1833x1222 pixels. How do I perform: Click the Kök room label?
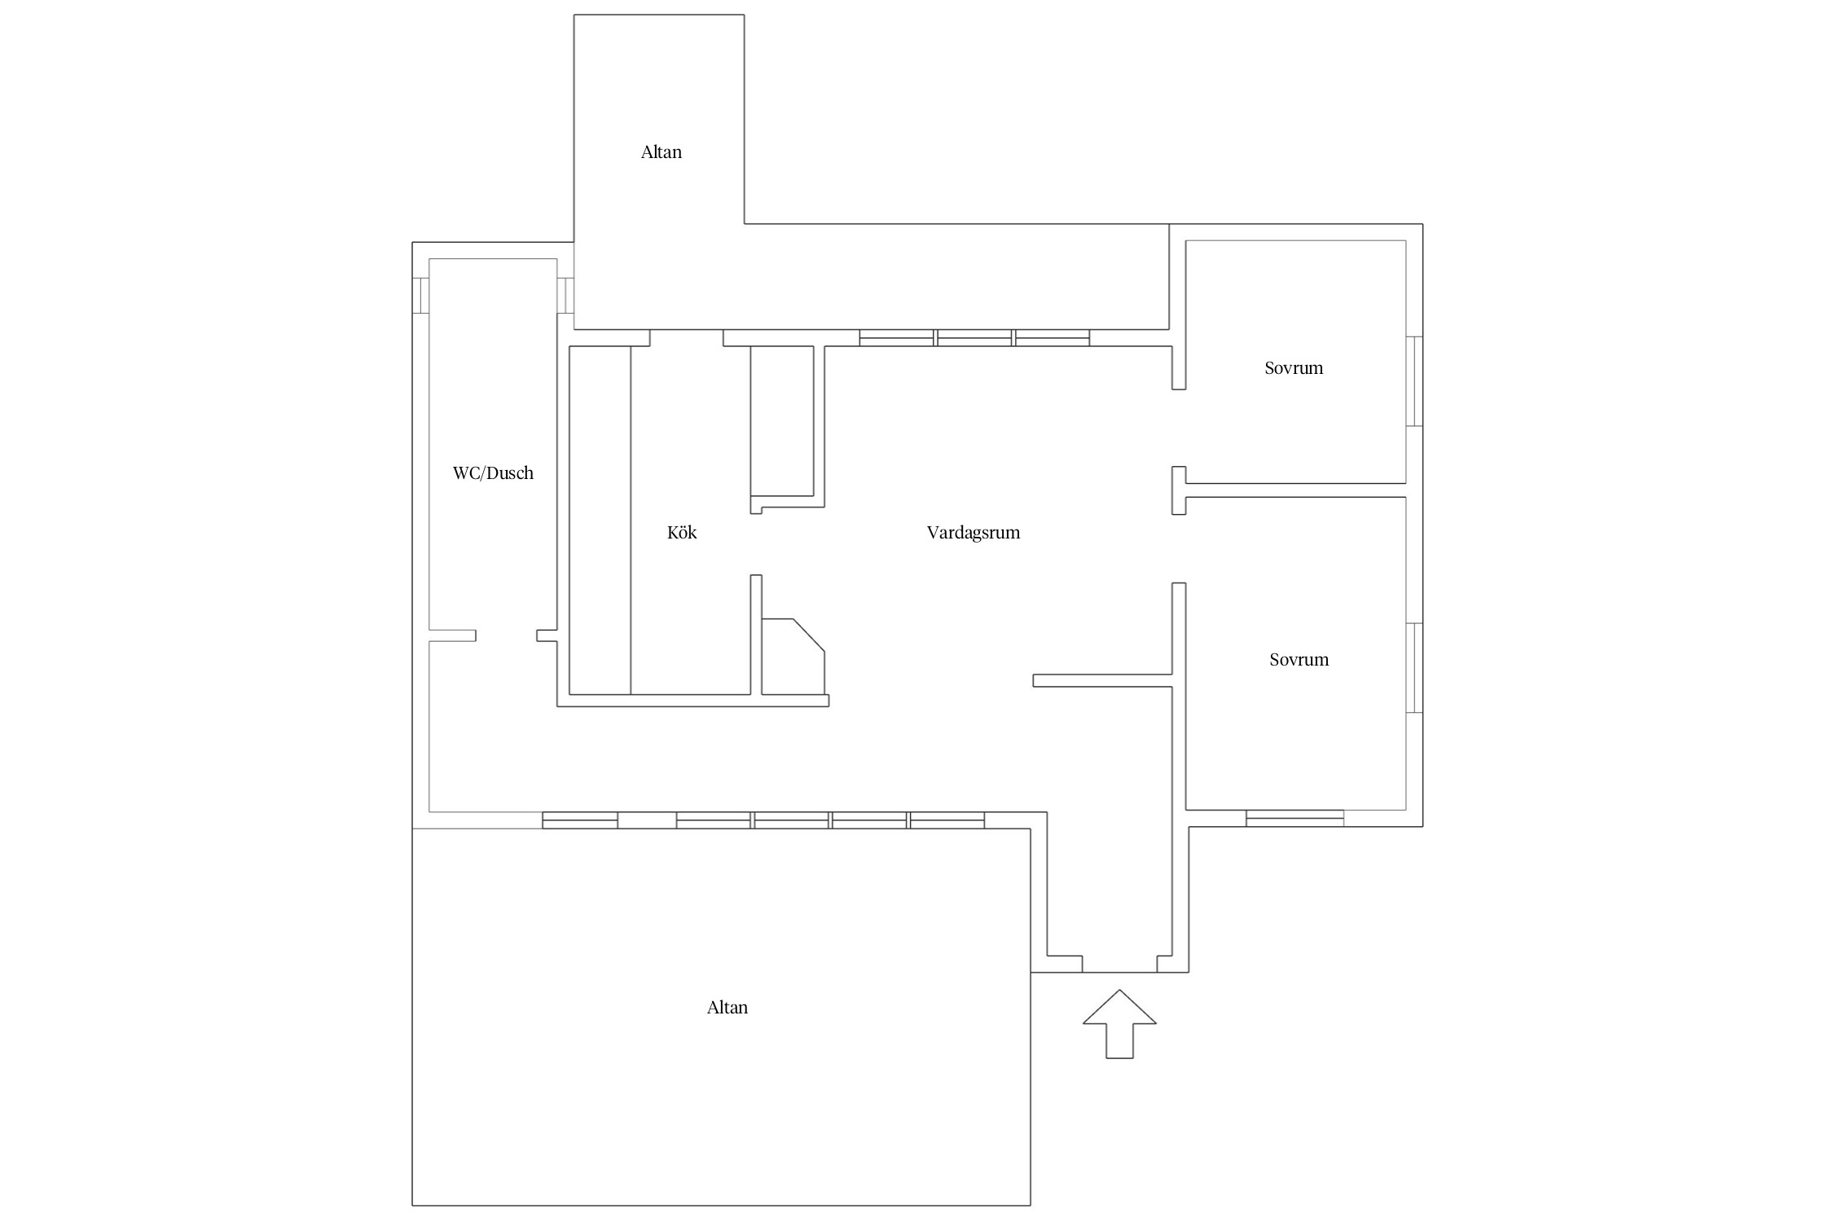pos(682,533)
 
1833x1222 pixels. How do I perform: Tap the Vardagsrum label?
pos(974,533)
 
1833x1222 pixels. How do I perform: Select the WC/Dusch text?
pos(493,473)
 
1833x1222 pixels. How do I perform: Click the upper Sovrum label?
pos(1294,368)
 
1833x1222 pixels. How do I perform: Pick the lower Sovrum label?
pos(1299,660)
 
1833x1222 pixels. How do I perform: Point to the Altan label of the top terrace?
pos(662,152)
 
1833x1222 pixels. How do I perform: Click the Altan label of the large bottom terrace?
pos(727,1008)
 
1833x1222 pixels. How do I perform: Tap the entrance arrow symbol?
pos(1119,1024)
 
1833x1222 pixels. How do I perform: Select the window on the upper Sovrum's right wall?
pos(1415,381)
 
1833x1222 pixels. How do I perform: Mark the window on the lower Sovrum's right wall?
pos(1415,668)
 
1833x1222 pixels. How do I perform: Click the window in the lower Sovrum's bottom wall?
pos(1295,818)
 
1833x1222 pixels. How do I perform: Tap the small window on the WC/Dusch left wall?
pos(420,296)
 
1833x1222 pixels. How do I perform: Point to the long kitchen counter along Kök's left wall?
pos(600,521)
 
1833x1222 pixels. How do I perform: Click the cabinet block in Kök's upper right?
pos(782,421)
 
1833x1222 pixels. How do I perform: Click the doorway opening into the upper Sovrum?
pos(1179,428)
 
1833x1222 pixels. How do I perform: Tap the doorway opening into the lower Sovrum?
pos(1179,549)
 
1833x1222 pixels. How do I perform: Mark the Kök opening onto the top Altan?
pos(687,338)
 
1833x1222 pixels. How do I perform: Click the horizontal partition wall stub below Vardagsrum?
pos(1102,681)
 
